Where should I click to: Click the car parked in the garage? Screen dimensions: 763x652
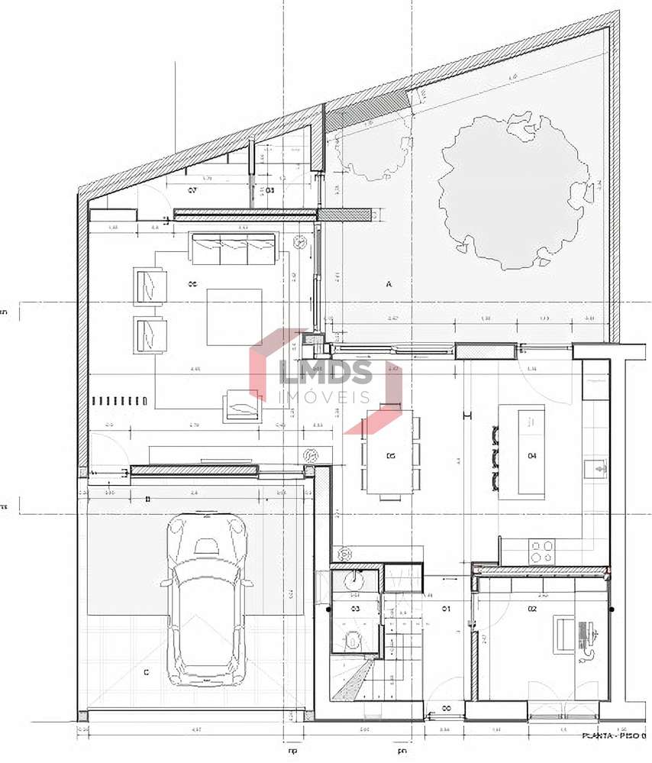click(x=206, y=600)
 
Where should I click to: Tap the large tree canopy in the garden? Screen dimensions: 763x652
click(x=511, y=191)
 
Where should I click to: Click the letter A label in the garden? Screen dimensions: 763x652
click(x=389, y=284)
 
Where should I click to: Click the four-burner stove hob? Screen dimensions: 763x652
click(x=542, y=551)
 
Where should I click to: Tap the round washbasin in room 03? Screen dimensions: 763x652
click(x=354, y=582)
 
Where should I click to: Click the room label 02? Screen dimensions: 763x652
click(x=532, y=609)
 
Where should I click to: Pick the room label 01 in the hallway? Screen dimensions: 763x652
click(x=447, y=609)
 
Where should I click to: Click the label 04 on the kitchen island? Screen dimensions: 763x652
click(x=532, y=456)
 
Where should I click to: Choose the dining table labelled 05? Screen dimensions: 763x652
click(x=390, y=456)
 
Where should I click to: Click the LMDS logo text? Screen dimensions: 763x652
click(x=326, y=373)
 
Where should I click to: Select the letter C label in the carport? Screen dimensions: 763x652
click(x=146, y=672)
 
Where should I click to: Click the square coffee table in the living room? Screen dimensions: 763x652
click(x=234, y=316)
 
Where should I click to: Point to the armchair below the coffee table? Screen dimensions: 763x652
click(x=242, y=406)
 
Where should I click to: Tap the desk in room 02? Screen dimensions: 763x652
click(x=565, y=634)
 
